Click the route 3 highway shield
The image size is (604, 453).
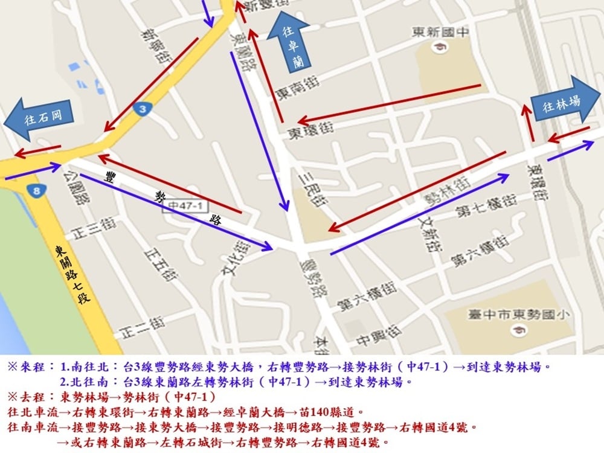coord(143,109)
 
